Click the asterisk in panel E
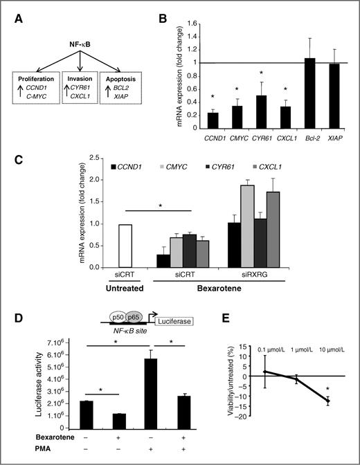(x=327, y=390)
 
